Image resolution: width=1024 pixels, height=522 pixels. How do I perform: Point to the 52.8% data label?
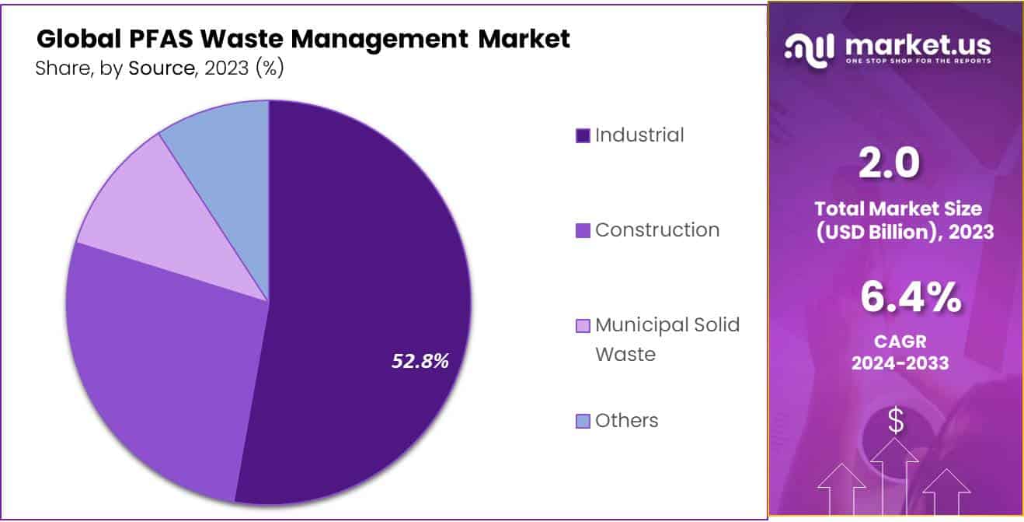point(420,360)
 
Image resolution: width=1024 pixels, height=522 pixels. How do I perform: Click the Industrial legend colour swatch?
point(583,136)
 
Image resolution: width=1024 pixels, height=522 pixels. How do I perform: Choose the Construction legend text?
point(657,230)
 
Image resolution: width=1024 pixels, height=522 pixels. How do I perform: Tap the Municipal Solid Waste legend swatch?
point(583,326)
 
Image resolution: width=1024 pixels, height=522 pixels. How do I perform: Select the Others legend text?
point(626,421)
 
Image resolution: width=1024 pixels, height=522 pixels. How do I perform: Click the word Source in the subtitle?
point(161,68)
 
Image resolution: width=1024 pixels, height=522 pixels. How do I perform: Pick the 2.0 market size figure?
point(889,163)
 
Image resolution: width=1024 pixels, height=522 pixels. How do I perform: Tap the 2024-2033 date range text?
point(900,363)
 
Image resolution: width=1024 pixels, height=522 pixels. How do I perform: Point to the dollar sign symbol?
point(896,421)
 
